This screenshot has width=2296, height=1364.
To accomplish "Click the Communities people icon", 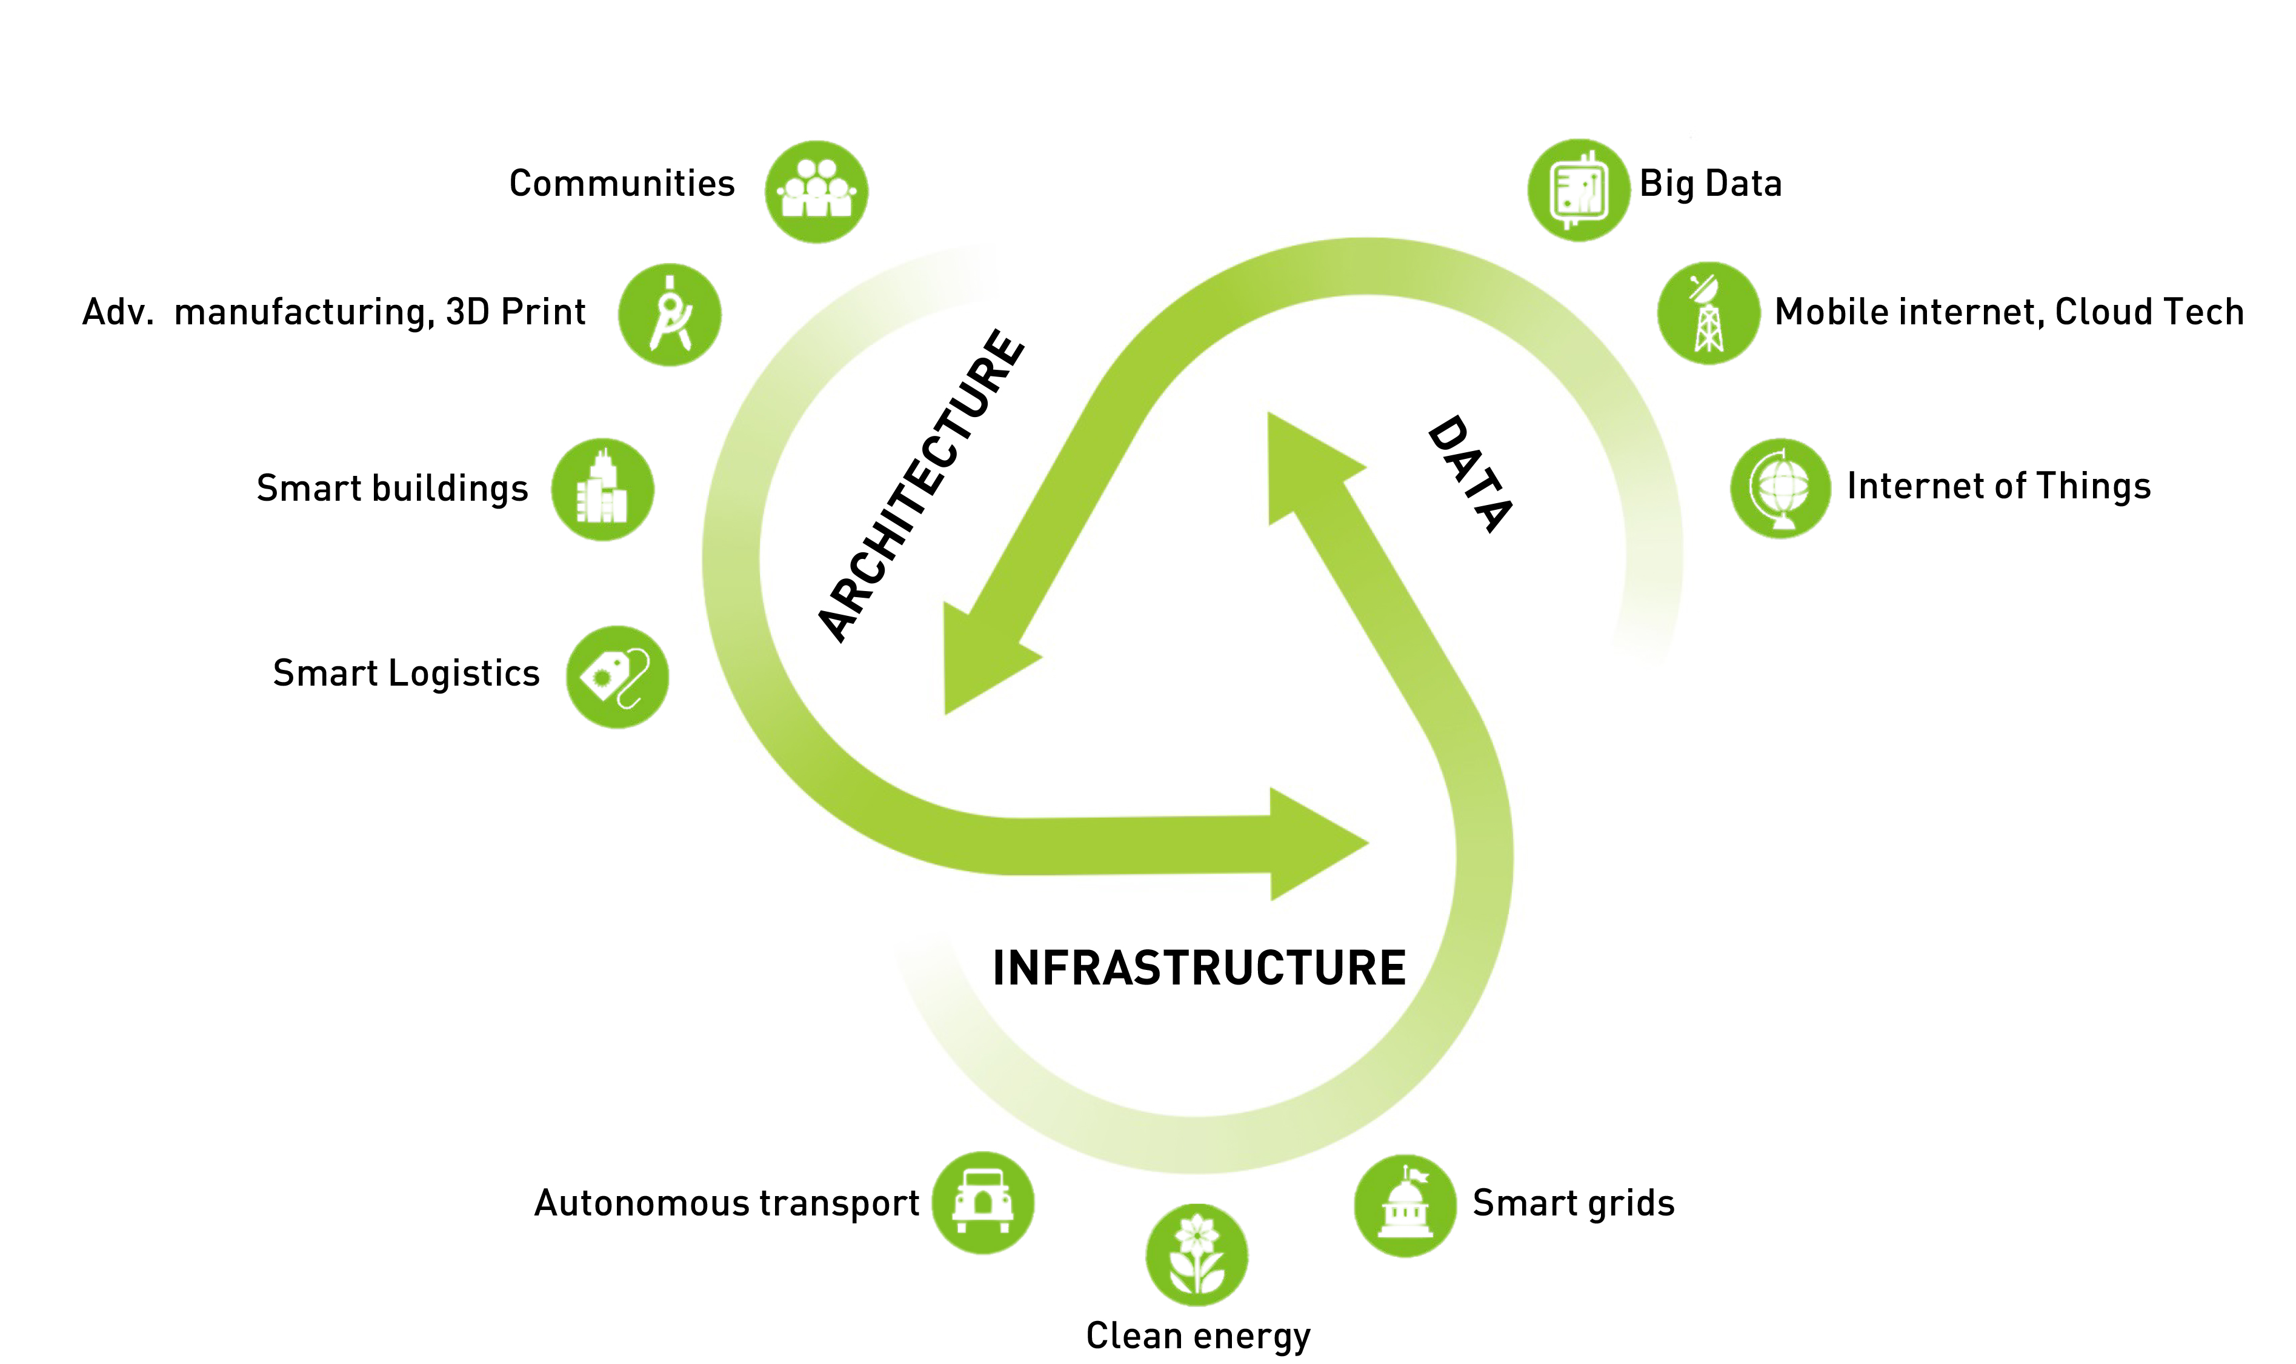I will [x=816, y=191].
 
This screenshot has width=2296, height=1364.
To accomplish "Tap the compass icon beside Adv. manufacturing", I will [x=670, y=315].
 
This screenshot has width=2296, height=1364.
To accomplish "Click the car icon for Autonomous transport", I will [x=982, y=1202].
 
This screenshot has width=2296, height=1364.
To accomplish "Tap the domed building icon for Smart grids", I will [x=1405, y=1205].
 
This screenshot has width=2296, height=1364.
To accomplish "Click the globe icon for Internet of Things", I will [x=1780, y=488].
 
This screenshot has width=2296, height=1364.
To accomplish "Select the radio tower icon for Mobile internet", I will [x=1708, y=313].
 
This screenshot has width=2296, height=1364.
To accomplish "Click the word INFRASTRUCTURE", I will [x=1199, y=968].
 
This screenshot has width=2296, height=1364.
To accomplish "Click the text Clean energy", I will [x=1198, y=1334].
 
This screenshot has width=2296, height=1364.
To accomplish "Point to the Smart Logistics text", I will [x=406, y=673].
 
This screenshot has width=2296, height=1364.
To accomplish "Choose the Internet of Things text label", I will [x=1998, y=486].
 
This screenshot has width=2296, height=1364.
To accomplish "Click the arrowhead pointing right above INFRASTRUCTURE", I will [x=1314, y=843].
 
